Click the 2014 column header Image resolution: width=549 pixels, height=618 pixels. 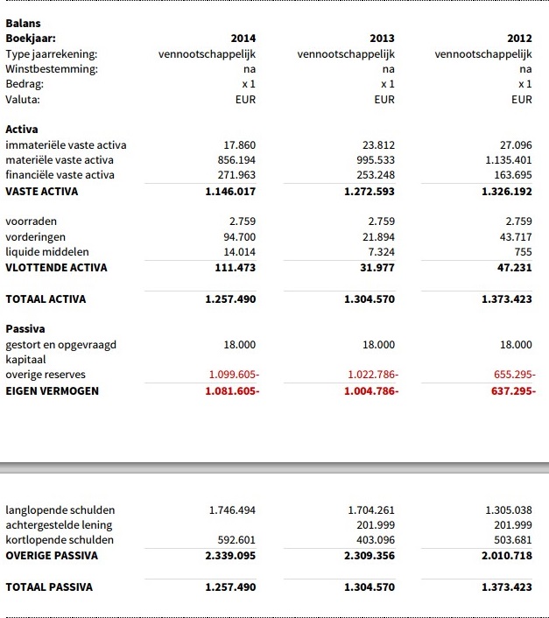pyautogui.click(x=243, y=39)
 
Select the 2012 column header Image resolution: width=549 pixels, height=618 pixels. pyautogui.click(x=519, y=39)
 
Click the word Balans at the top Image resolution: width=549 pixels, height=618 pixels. pyautogui.click(x=23, y=24)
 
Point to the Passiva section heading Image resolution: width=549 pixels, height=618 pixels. pyautogui.click(x=25, y=329)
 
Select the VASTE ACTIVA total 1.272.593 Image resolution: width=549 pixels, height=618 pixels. pyautogui.click(x=370, y=191)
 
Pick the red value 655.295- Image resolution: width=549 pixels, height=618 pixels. pyautogui.click(x=515, y=375)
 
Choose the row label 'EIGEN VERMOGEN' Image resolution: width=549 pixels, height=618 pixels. pyautogui.click(x=52, y=390)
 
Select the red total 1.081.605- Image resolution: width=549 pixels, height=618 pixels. pyautogui.click(x=232, y=390)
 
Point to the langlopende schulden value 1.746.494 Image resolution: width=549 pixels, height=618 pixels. pyautogui.click(x=232, y=509)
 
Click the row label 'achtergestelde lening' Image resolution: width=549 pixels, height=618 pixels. pyautogui.click(x=60, y=525)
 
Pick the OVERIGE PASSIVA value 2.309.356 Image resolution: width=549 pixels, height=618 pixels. pyautogui.click(x=370, y=556)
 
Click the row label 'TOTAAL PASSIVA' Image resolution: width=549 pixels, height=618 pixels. pyautogui.click(x=49, y=586)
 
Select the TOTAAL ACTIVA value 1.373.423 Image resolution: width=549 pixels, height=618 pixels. pyautogui.click(x=507, y=298)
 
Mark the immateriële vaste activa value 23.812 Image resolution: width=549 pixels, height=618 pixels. pyautogui.click(x=378, y=145)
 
